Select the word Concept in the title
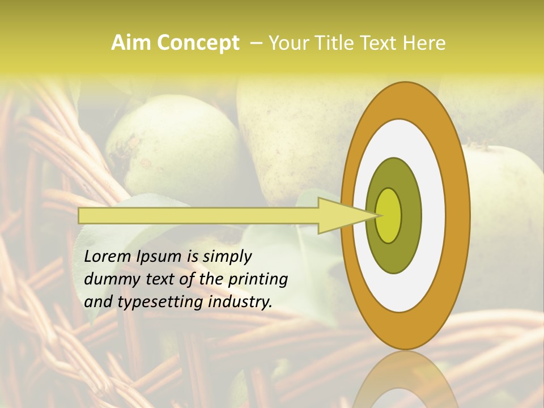198,43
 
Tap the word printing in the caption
257,279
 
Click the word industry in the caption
240,302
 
